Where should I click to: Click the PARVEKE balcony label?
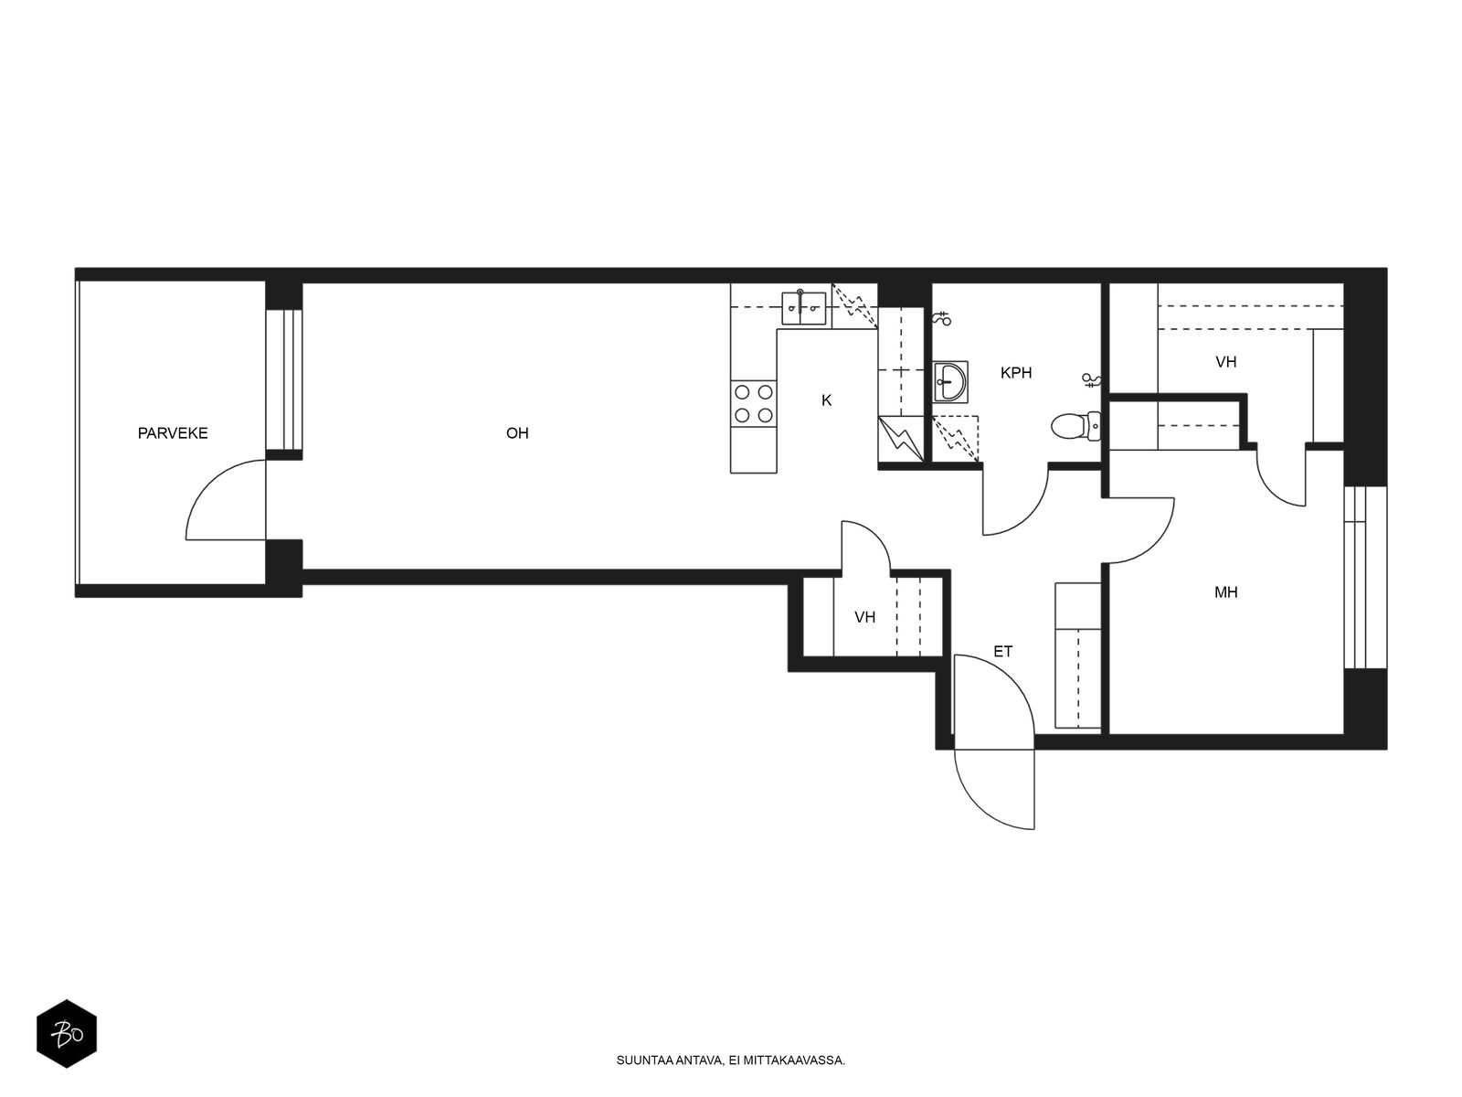pos(173,433)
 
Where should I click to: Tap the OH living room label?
pos(517,433)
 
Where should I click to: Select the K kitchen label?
pos(827,400)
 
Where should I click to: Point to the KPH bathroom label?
pos(1016,373)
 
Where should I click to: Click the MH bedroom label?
pos(1225,592)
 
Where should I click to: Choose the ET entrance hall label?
pos(1002,652)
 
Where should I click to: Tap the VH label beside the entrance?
pos(864,617)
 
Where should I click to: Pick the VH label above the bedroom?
pos(1225,362)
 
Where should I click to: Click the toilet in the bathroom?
pos(1075,426)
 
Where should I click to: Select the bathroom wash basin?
pos(949,381)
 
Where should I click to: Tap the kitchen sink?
pos(803,308)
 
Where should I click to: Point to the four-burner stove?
pos(753,403)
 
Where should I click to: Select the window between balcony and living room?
pos(284,379)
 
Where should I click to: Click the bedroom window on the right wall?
pos(1365,578)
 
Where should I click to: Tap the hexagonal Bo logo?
pos(67,1033)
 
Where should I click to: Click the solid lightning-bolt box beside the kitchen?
pos(901,439)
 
